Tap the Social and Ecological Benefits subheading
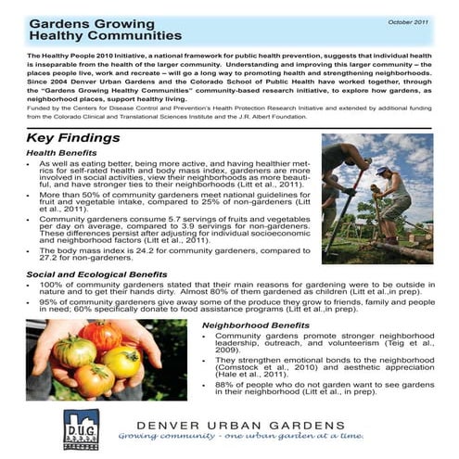tap(97, 274)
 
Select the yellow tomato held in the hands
tap(121, 361)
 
